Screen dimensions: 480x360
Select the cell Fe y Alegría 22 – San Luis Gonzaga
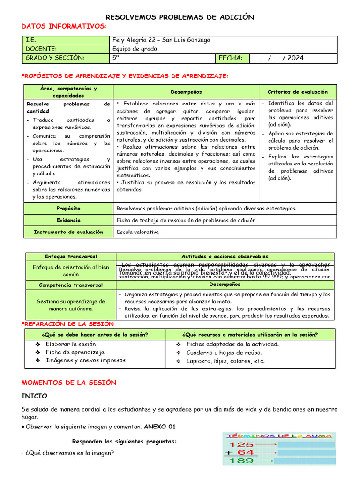pos(162,40)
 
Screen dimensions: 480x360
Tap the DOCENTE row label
pos(41,49)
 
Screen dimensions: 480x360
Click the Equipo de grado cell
pos(135,49)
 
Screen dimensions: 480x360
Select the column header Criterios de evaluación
pos(298,92)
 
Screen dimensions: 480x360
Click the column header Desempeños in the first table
pos(186,92)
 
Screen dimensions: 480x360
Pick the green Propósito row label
pos(68,208)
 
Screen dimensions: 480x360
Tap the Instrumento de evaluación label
pos(68,232)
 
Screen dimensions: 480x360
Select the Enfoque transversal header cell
pos(71,257)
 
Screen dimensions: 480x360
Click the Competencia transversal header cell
pos(71,285)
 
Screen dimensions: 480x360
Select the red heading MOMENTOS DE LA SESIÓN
pos(69,382)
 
